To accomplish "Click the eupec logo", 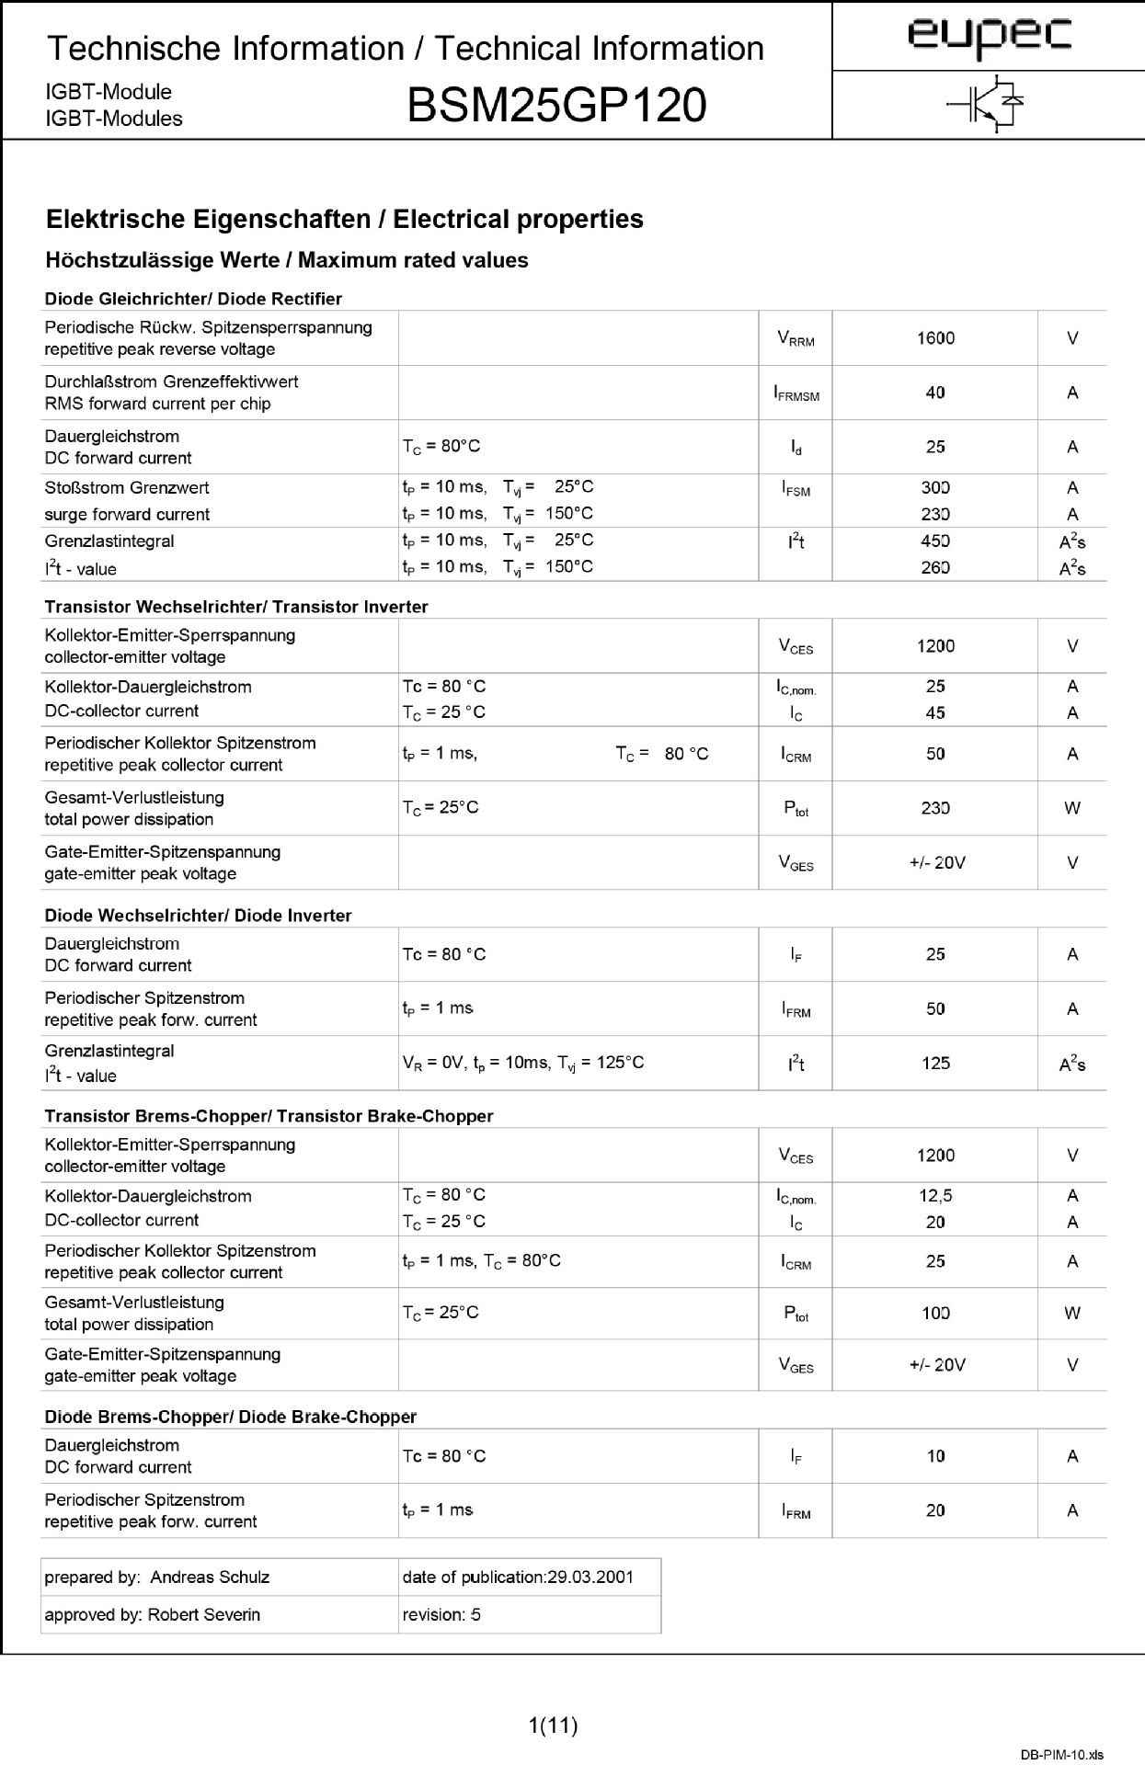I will click(x=990, y=36).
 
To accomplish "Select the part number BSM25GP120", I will click(x=556, y=106).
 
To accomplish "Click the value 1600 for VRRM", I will click(x=935, y=338).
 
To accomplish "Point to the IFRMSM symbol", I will click(x=796, y=393).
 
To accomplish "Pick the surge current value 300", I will click(x=935, y=488).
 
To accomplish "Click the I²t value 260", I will click(x=935, y=568).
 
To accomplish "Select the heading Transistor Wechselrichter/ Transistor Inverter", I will click(x=236, y=607).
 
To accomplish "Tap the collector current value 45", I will click(x=935, y=712).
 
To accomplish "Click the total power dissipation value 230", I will click(x=935, y=808).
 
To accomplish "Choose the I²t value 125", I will click(x=935, y=1064).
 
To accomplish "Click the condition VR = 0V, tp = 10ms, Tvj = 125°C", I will click(x=523, y=1064).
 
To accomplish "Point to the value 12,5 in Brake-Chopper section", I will click(x=935, y=1196).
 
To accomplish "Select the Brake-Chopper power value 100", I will click(x=935, y=1314).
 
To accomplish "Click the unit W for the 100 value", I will click(x=1072, y=1314).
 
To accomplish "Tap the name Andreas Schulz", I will click(x=210, y=1577).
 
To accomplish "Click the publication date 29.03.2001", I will click(x=590, y=1577).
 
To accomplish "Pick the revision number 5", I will click(x=475, y=1614).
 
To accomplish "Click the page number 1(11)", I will click(x=554, y=1725).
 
